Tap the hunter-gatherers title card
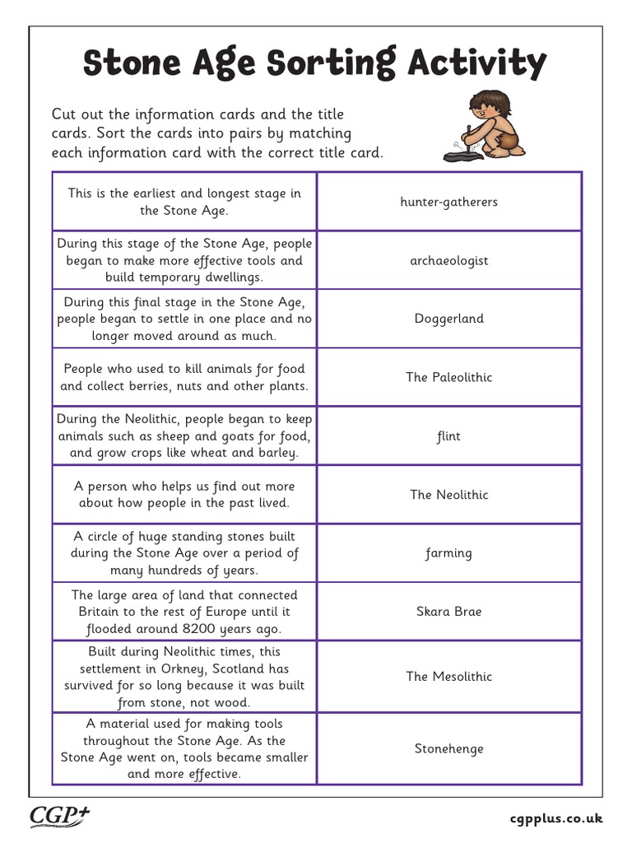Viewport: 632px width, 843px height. [448, 202]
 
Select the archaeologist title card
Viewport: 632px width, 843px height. [448, 260]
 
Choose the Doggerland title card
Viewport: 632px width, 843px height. [448, 319]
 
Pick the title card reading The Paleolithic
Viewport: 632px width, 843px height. [448, 377]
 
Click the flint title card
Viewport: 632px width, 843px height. [448, 436]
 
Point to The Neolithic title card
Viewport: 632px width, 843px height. [448, 495]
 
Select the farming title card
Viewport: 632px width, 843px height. [448, 553]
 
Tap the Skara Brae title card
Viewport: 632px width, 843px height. [448, 612]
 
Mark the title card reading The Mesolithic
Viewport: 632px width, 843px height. [448, 677]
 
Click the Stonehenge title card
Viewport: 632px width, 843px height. [448, 749]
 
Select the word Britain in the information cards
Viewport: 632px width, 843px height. [100, 612]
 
